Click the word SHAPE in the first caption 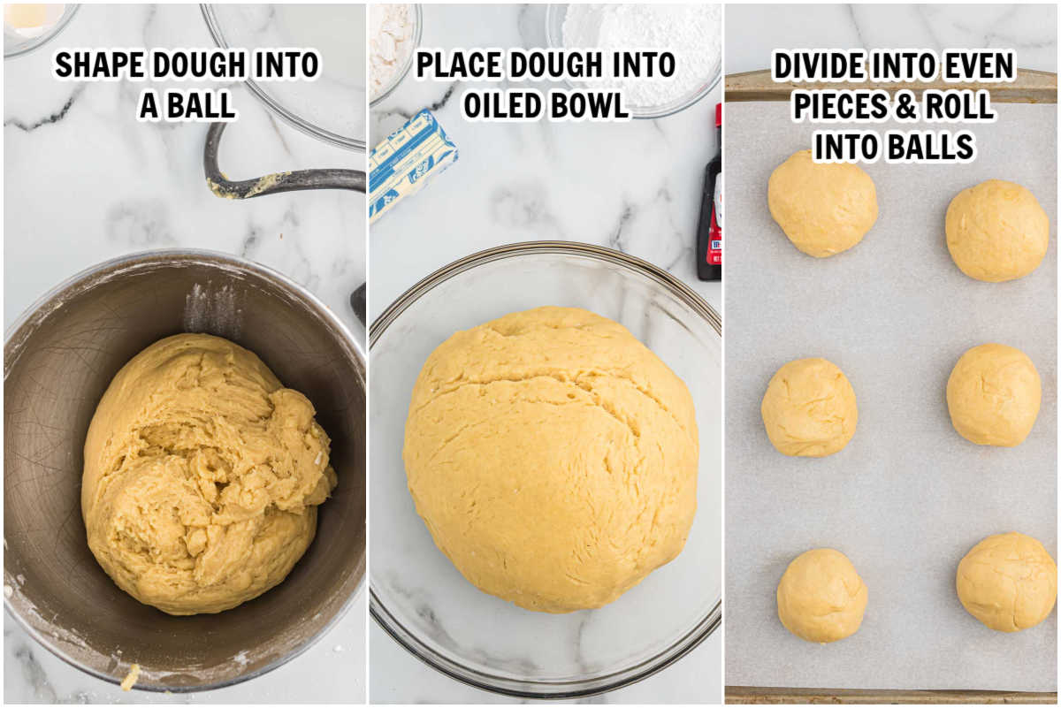click(99, 65)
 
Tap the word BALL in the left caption click(201, 105)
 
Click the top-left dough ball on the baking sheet click(821, 204)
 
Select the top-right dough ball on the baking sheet click(996, 231)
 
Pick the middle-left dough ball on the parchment click(809, 407)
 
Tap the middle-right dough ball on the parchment click(993, 394)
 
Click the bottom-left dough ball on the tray click(821, 595)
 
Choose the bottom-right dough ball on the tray click(1006, 582)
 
